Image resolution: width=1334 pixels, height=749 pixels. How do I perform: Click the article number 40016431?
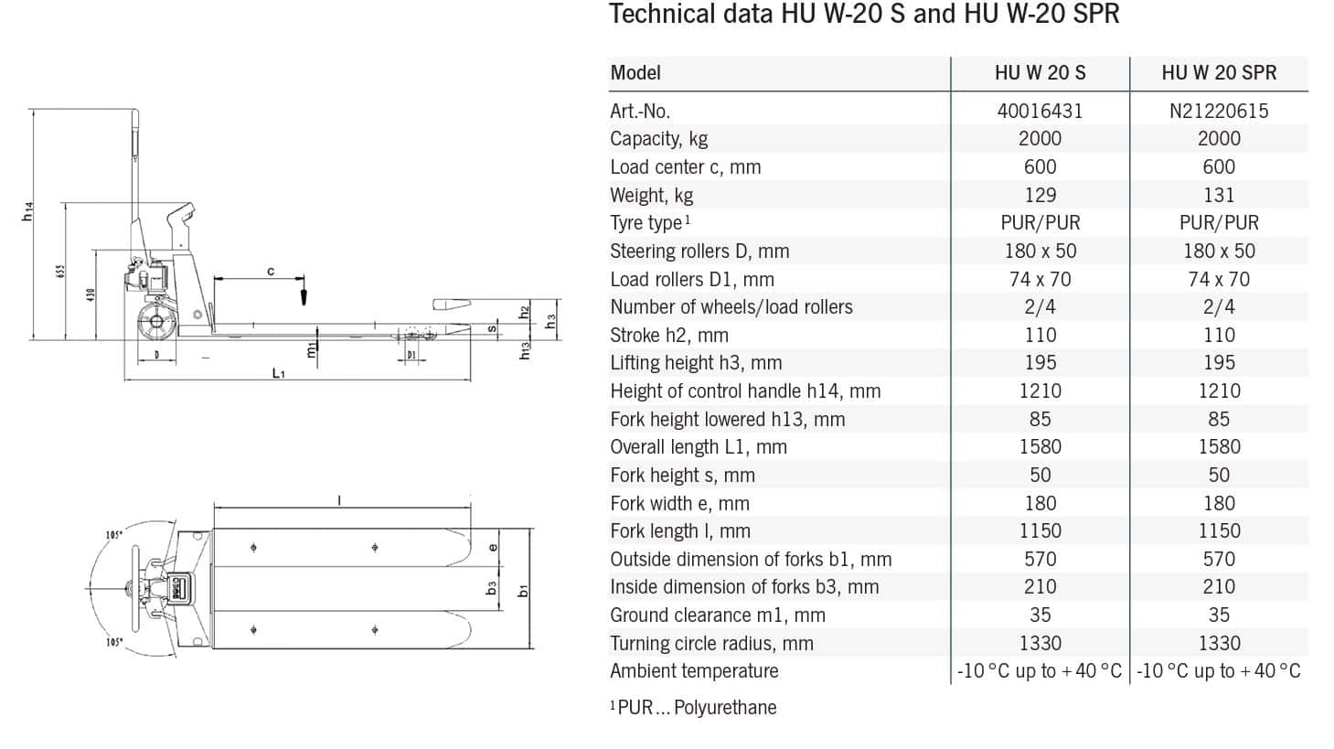click(1040, 111)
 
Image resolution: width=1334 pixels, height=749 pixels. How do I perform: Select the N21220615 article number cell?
click(1219, 111)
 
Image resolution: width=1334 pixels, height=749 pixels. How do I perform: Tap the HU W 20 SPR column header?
click(1219, 72)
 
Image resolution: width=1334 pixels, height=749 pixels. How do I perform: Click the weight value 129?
click(1040, 195)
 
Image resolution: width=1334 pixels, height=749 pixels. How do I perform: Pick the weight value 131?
click(1219, 195)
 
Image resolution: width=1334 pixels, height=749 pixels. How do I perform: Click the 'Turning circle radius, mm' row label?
click(711, 644)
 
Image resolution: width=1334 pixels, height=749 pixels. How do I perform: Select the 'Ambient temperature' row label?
click(694, 671)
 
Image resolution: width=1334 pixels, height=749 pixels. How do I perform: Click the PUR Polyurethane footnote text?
click(693, 707)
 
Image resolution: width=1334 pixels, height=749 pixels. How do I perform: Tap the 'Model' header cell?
click(635, 72)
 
